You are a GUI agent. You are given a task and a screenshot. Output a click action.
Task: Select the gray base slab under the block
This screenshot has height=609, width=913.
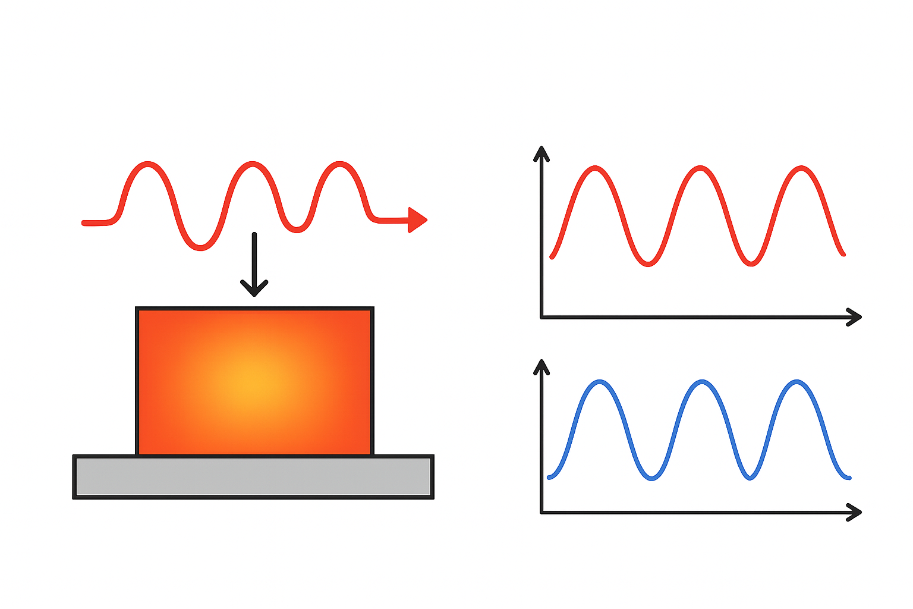253,476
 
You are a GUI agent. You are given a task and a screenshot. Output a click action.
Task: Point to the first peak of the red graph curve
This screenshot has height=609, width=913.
596,169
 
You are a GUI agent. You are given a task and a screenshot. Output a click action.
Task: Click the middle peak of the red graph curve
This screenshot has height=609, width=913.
701,168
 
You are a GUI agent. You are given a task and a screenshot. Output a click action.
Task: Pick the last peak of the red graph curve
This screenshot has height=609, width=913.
802,169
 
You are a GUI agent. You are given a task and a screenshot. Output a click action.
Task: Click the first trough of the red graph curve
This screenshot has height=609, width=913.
648,263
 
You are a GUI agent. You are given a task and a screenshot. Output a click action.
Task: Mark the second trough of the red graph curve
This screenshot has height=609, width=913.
752,263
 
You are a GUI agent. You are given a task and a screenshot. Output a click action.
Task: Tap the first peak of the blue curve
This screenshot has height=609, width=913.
600,382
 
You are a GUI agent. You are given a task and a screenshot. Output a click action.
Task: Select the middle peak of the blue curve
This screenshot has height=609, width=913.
703,382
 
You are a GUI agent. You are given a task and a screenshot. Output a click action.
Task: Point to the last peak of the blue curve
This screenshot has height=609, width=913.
796,382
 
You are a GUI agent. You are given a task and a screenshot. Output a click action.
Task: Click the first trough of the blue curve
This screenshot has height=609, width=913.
652,478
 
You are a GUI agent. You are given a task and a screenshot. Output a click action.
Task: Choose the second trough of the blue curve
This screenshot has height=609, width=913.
750,477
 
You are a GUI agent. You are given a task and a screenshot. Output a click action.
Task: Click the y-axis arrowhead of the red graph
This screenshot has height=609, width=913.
541,153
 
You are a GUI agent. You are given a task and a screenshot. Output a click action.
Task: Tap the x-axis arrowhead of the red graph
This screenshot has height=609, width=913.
855,317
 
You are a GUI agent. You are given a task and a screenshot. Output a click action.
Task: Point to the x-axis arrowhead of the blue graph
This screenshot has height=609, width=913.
855,512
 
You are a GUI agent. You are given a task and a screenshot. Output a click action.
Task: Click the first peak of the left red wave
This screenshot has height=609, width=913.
147,164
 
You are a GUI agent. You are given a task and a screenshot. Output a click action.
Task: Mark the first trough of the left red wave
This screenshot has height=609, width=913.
200,247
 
